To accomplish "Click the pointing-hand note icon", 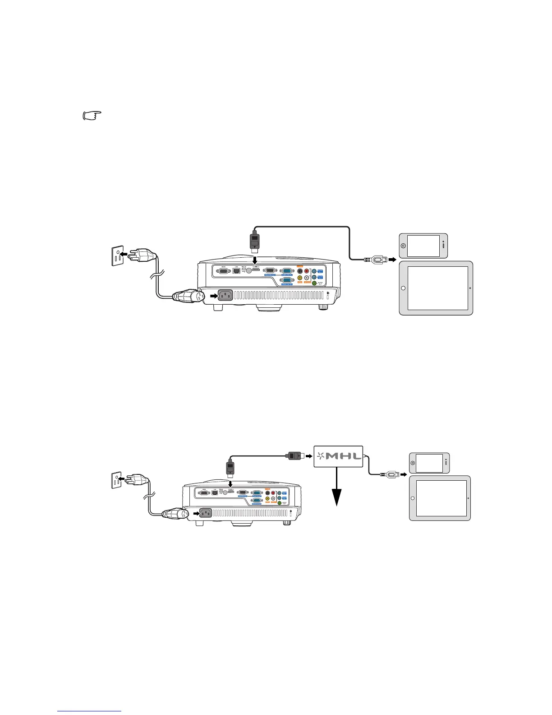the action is pos(92,116).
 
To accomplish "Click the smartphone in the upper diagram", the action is pos(423,246).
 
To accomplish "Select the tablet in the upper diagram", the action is pos(436,288).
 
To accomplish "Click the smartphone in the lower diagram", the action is pos(429,463).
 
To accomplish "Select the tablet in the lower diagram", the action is pos(440,498).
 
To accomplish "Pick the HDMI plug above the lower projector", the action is pos(230,469).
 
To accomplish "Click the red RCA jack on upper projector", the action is pos(307,271).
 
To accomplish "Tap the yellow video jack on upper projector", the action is pos(300,279).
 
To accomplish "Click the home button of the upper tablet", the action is pos(403,288).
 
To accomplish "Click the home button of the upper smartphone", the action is pos(403,246).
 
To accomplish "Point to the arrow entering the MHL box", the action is pos(308,456).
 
